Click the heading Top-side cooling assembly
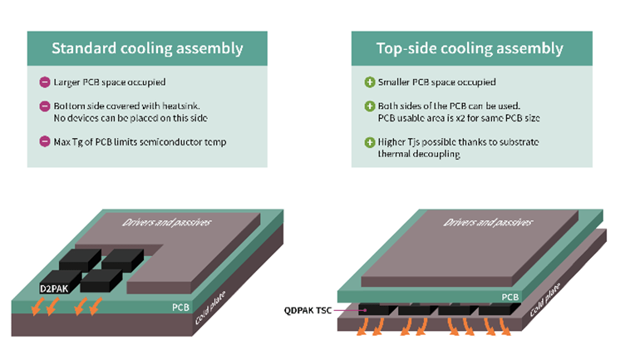coord(470,48)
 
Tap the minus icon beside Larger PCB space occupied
coord(44,82)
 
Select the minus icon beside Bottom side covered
coord(44,106)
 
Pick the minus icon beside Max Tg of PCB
coord(44,141)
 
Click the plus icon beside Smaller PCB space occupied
coord(370,82)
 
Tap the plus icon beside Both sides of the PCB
coord(370,106)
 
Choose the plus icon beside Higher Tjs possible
coord(370,142)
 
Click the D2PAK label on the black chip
coord(53,288)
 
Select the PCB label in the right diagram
coord(510,296)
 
